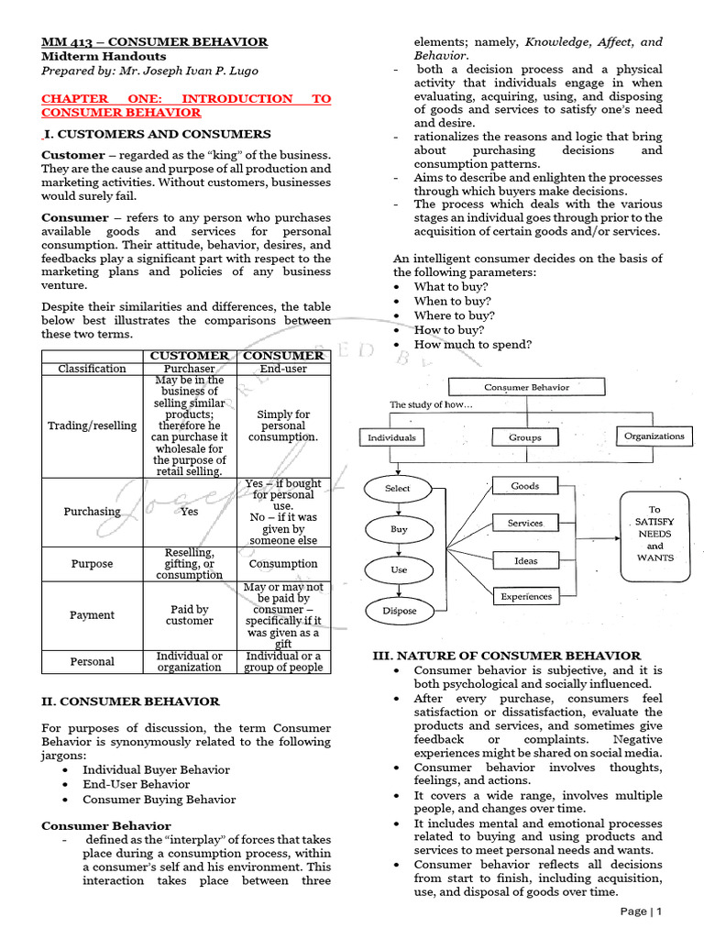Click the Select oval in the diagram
pyautogui.click(x=398, y=488)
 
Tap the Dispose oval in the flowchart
pyautogui.click(x=399, y=610)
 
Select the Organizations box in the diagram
pyautogui.click(x=654, y=436)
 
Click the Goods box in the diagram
pyautogui.click(x=524, y=486)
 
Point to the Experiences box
pyautogui.click(x=525, y=596)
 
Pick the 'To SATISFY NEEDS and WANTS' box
pyautogui.click(x=654, y=533)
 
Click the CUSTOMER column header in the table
pyautogui.click(x=189, y=355)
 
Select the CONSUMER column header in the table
pyautogui.click(x=283, y=355)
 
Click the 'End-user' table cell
pyautogui.click(x=283, y=369)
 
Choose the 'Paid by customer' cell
pyautogui.click(x=189, y=615)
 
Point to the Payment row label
pyautogui.click(x=92, y=615)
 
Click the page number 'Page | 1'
pyautogui.click(x=640, y=911)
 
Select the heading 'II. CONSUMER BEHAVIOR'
pyautogui.click(x=130, y=701)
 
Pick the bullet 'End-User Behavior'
pyautogui.click(x=137, y=784)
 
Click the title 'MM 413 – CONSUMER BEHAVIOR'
pyautogui.click(x=155, y=42)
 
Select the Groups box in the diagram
pyautogui.click(x=524, y=437)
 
